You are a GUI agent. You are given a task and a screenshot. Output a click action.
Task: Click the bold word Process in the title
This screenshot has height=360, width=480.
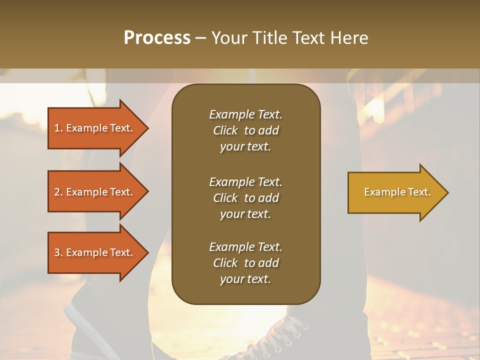[157, 38]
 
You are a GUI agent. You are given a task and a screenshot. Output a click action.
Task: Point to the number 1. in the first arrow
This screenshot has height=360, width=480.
[58, 128]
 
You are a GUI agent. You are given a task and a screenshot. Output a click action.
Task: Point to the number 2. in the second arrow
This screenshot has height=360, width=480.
[58, 192]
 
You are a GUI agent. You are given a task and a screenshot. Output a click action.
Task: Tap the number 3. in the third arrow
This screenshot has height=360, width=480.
[58, 252]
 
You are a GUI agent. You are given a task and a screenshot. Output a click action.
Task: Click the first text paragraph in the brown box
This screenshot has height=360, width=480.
[245, 130]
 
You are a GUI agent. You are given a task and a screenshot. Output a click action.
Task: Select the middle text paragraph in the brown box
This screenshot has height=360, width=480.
[245, 198]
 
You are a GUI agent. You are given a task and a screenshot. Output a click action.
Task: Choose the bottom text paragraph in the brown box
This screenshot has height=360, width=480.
[245, 263]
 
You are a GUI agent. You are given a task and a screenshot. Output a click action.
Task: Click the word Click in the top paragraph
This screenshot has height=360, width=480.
[225, 130]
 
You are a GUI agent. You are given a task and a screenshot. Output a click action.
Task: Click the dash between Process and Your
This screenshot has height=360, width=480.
[200, 38]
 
